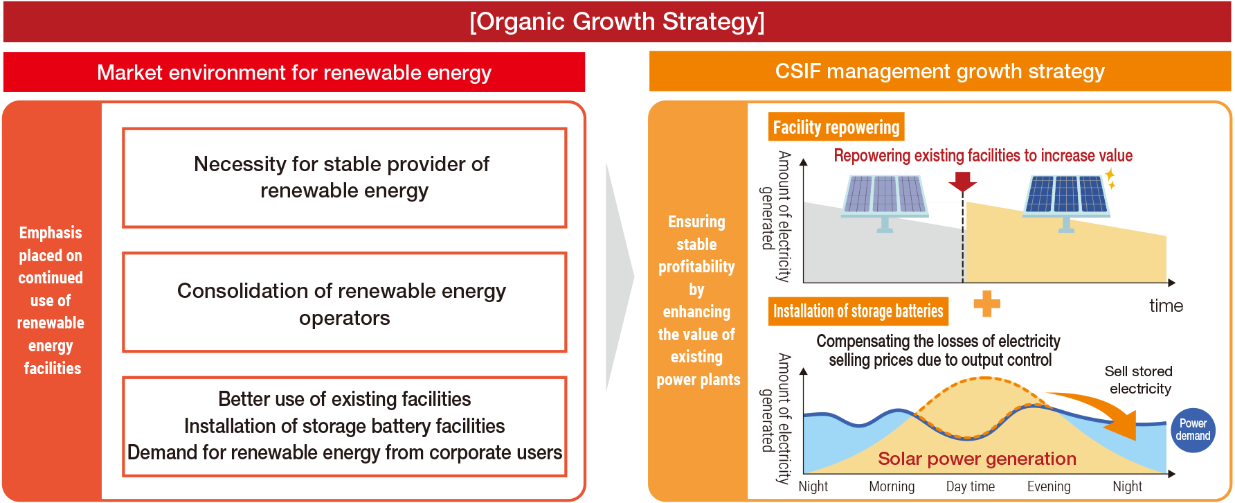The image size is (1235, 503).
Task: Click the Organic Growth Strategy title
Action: pos(617,21)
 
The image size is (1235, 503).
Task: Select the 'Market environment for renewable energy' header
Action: pos(294,72)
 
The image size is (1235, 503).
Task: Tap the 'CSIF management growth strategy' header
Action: pos(939,71)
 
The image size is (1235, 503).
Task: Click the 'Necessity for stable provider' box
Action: pos(344,177)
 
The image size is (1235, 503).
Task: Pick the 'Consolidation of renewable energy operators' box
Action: pos(344,303)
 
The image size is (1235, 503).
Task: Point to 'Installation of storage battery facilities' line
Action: pos(344,426)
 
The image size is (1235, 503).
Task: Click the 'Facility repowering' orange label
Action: pos(836,127)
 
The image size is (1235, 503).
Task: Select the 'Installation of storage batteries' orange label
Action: pos(858,312)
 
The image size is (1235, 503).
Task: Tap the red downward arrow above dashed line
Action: pos(962,182)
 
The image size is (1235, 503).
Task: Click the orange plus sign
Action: pos(986,303)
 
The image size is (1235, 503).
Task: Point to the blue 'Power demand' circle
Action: pos(1193,430)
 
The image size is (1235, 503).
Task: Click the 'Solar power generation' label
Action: pos(977,459)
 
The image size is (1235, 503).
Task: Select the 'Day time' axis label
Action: pos(970,486)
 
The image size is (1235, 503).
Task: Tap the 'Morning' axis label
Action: pos(892,486)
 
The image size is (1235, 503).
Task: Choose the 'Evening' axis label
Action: pos(1049,486)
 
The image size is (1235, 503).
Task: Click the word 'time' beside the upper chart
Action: pos(1166,306)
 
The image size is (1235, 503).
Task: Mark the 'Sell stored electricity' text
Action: pos(1139,380)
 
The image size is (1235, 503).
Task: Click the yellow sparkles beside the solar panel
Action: pos(1110,179)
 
